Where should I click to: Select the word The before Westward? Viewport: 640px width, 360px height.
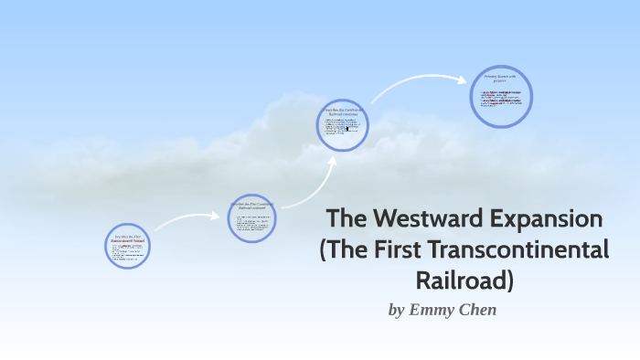pyautogui.click(x=346, y=219)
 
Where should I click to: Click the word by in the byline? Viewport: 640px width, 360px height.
pyautogui.click(x=396, y=310)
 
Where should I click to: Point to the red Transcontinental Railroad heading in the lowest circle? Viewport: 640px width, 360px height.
pyautogui.click(x=126, y=240)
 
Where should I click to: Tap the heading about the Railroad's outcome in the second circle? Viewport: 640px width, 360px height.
pyautogui.click(x=251, y=206)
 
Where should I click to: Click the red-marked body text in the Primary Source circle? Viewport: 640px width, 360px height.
pyautogui.click(x=501, y=99)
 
